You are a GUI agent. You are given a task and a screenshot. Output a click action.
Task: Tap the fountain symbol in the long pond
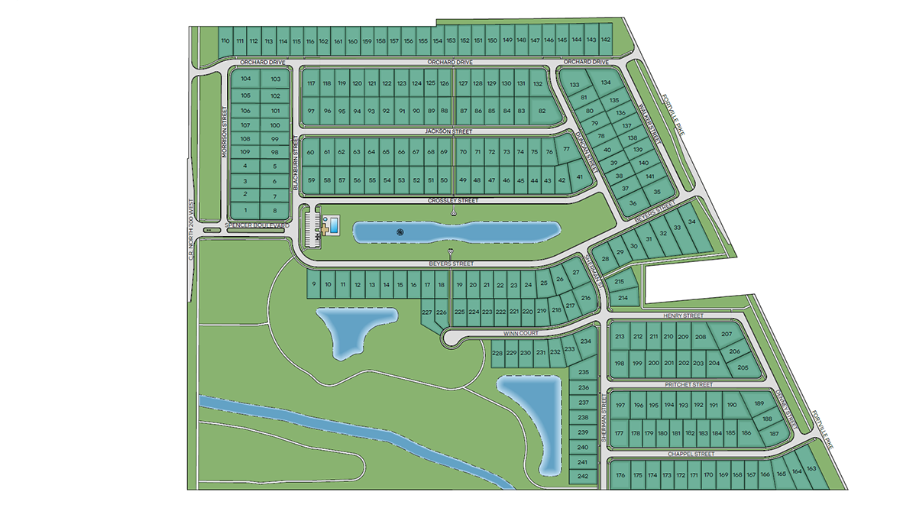(398, 231)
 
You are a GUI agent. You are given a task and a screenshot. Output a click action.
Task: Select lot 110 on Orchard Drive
(225, 41)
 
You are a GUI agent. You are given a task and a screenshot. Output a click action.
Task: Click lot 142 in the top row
(606, 39)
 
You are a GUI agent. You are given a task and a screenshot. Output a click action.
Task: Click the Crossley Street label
(454, 200)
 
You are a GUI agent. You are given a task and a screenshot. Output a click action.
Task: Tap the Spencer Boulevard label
(256, 227)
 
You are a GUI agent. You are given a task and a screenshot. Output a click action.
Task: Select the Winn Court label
(520, 334)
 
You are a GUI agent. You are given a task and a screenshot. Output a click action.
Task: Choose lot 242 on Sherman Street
(583, 476)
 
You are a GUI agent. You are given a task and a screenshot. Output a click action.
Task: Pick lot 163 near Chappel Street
(811, 468)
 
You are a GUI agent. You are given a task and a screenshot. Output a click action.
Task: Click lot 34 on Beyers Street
(692, 222)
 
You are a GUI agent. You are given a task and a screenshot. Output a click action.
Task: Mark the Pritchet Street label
(688, 385)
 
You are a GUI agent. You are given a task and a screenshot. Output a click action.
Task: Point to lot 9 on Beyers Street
(313, 285)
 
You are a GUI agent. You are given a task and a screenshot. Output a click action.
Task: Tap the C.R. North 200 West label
(192, 229)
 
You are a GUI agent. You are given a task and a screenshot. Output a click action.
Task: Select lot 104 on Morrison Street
(245, 79)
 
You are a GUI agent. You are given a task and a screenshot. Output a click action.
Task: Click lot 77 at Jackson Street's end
(566, 150)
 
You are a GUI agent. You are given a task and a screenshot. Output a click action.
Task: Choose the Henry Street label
(681, 315)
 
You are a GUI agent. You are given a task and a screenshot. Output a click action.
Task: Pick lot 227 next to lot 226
(427, 312)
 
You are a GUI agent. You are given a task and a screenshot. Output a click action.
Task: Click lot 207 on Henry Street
(726, 335)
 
